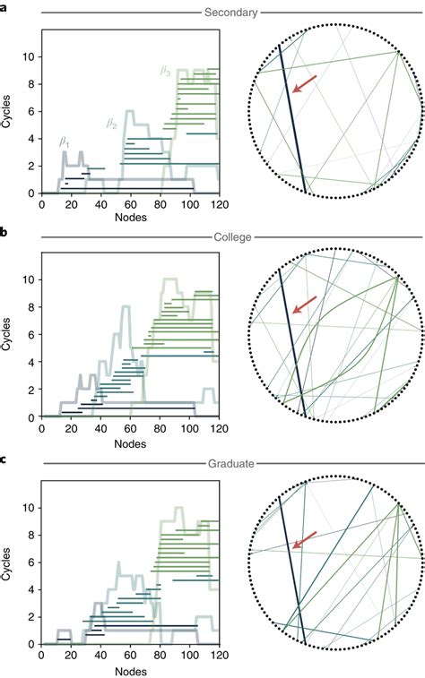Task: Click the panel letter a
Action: click(x=5, y=6)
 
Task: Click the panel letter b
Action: click(x=5, y=231)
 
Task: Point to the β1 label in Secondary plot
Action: click(x=65, y=141)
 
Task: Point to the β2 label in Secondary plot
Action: click(x=113, y=124)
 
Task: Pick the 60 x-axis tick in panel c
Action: click(x=127, y=656)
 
